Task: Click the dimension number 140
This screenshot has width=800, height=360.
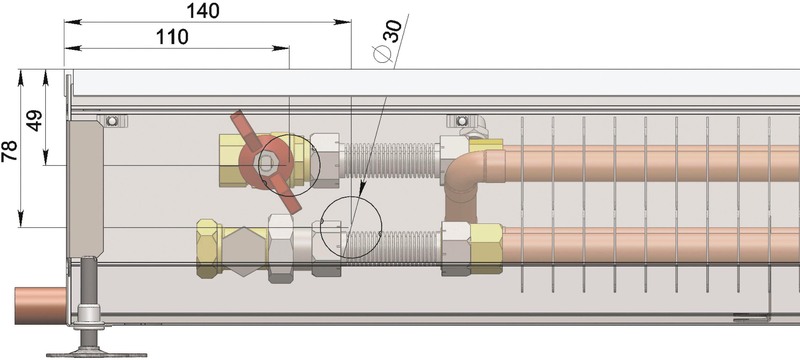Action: [203, 11]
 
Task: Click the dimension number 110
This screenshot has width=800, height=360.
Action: [172, 37]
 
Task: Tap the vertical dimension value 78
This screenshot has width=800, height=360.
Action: [10, 151]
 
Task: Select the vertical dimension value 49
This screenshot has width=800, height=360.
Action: [35, 121]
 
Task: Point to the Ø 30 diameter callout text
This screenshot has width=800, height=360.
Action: [388, 40]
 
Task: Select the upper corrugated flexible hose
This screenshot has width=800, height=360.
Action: [391, 160]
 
